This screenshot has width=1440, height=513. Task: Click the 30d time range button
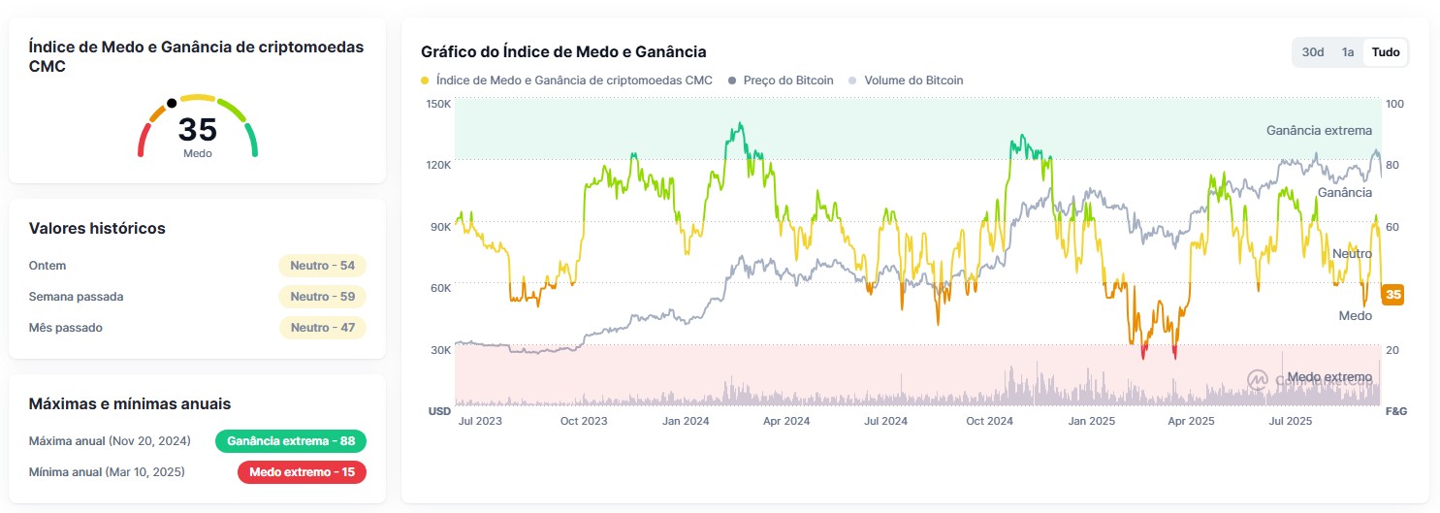pyautogui.click(x=1313, y=52)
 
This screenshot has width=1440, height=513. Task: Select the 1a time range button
pyautogui.click(x=1348, y=52)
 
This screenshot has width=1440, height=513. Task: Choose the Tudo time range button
pyautogui.click(x=1386, y=52)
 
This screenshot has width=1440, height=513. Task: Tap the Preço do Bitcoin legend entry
pyautogui.click(x=787, y=80)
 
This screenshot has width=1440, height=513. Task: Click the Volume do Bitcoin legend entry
pyautogui.click(x=912, y=80)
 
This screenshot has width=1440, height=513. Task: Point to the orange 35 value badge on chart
pyautogui.click(x=1393, y=295)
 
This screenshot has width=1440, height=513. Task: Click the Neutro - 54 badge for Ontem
pyautogui.click(x=322, y=266)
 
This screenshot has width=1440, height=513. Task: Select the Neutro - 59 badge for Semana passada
pyautogui.click(x=322, y=297)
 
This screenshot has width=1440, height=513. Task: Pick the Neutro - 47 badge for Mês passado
pyautogui.click(x=322, y=328)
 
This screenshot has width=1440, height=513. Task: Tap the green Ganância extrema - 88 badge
pyautogui.click(x=291, y=441)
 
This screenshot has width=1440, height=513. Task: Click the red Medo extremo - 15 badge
pyautogui.click(x=302, y=472)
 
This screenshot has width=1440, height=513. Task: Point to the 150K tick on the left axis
pyautogui.click(x=438, y=104)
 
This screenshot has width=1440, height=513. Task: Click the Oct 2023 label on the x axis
pyautogui.click(x=584, y=421)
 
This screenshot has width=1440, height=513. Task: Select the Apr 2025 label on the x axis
pyautogui.click(x=1191, y=421)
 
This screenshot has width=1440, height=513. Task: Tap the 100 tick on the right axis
pyautogui.click(x=1394, y=104)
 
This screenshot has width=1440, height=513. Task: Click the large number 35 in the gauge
pyautogui.click(x=197, y=129)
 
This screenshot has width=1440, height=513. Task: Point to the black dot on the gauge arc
pyautogui.click(x=172, y=103)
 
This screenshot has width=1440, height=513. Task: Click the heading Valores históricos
pyautogui.click(x=97, y=229)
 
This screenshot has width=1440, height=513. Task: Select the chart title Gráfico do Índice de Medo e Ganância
pyautogui.click(x=563, y=51)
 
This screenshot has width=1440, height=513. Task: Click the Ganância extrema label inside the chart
pyautogui.click(x=1319, y=130)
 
